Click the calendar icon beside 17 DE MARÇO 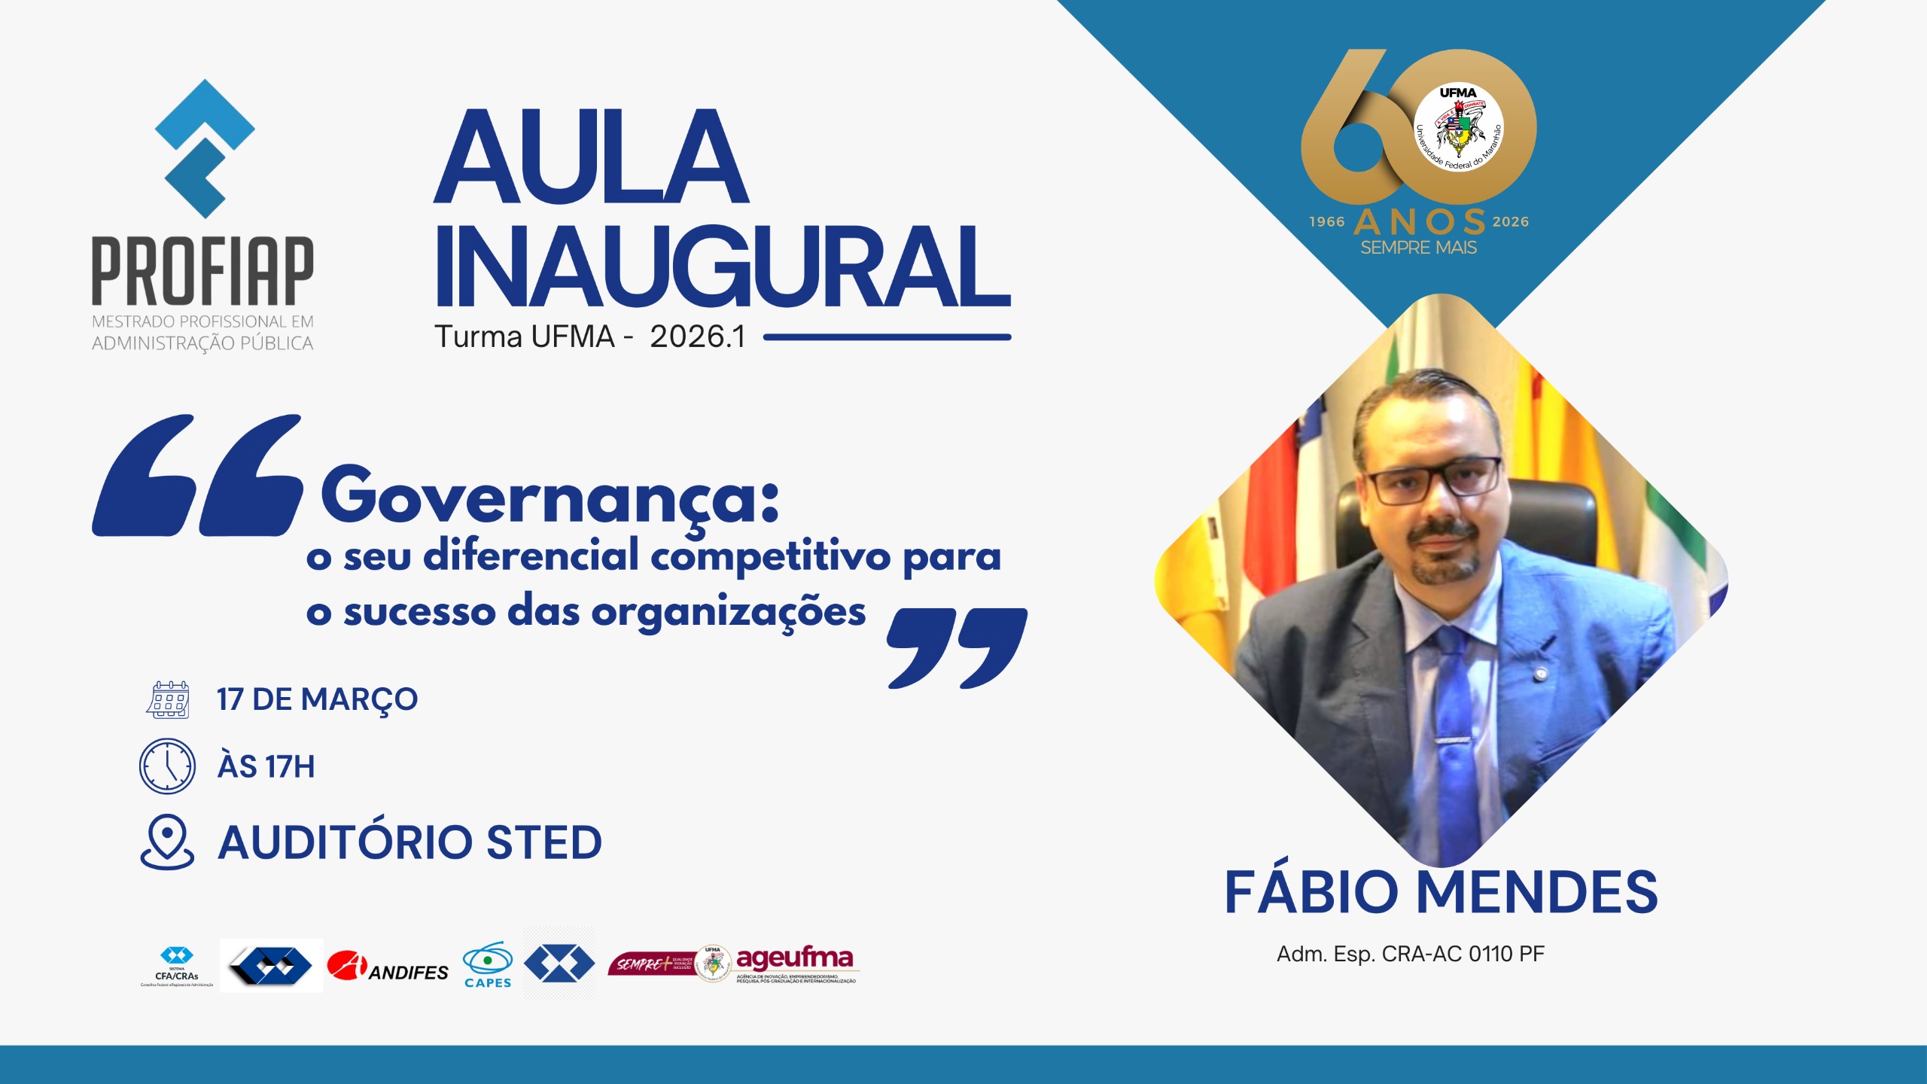168,699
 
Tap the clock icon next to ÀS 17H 167,766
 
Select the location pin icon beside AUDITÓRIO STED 167,842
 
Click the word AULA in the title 592,158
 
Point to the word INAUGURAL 723,267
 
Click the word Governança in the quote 549,497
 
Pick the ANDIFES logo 388,966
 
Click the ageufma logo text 795,958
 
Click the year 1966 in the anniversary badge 1326,222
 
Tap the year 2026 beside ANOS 1511,222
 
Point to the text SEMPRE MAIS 1418,248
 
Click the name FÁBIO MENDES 1441,892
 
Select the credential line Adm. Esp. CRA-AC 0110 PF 1411,954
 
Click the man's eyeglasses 1434,482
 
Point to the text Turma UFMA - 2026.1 590,337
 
